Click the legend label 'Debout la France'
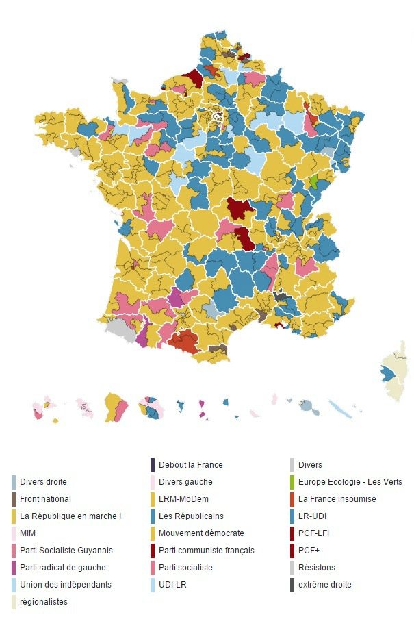[190, 465]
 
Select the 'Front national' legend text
[45, 499]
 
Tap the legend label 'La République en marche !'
[70, 516]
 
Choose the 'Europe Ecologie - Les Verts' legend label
[350, 482]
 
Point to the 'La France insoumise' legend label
[337, 499]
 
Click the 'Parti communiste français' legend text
[206, 551]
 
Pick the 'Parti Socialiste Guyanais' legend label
[66, 551]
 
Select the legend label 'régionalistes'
[44, 602]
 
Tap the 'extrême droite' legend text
[325, 585]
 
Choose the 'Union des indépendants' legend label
[65, 585]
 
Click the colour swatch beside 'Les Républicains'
[153, 516]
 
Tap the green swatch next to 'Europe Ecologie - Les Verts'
[293, 482]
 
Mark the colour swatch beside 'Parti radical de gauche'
[14, 568]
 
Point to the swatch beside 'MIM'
[14, 533]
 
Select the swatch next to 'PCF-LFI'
[293, 533]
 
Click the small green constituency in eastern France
[313, 182]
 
